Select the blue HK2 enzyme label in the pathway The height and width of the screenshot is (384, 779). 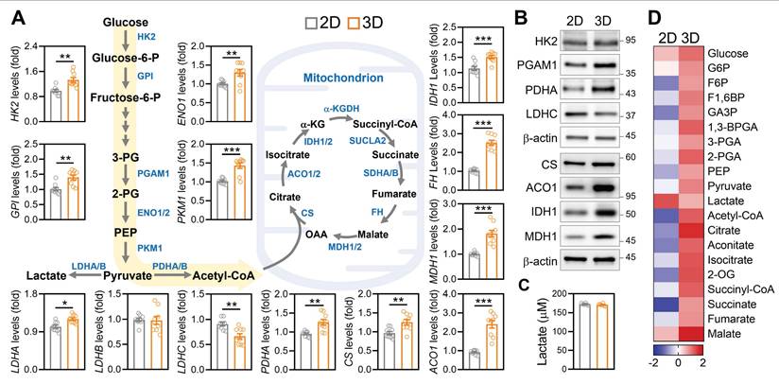coord(147,37)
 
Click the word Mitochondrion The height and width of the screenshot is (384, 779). coord(340,82)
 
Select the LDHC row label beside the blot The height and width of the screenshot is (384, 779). coord(529,115)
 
